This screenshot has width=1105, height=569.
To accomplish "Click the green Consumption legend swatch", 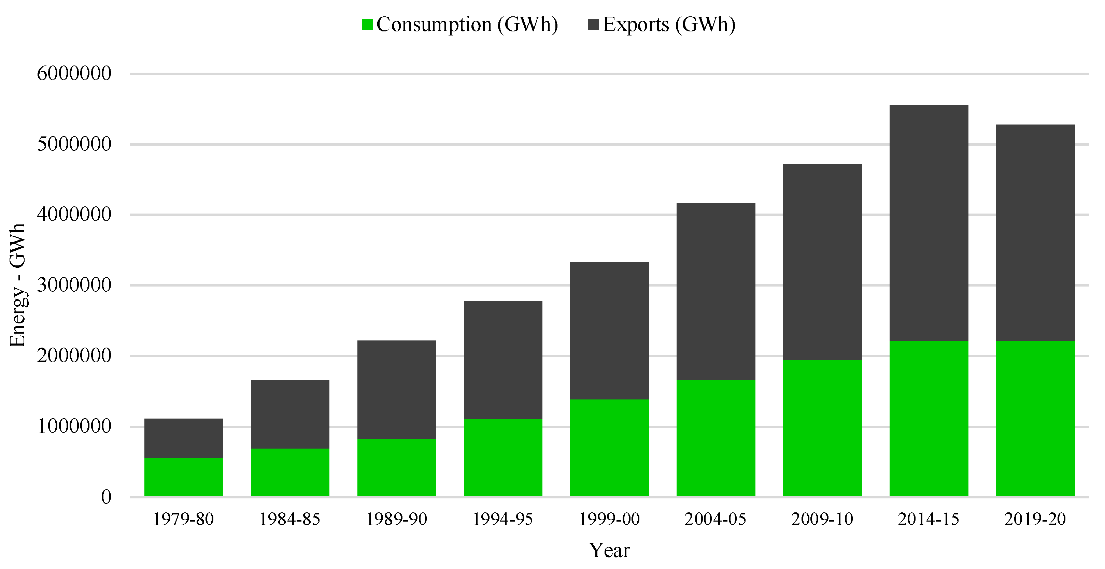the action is click(367, 25).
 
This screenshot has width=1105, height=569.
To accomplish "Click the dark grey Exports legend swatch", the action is click(594, 25).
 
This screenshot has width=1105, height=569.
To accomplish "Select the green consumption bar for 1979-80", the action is click(184, 477).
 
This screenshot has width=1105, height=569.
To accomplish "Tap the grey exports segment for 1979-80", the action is click(184, 438).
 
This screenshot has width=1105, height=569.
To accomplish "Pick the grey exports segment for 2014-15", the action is click(929, 223).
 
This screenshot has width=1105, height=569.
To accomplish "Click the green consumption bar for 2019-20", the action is click(1035, 419).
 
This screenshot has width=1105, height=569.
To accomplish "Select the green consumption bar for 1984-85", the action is click(290, 472).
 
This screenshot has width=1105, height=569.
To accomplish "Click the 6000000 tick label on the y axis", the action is click(74, 73).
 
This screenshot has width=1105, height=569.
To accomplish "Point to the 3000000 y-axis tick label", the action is click(74, 285).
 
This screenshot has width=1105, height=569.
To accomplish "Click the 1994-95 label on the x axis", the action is click(503, 519).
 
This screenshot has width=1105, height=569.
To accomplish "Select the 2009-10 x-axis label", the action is click(822, 519).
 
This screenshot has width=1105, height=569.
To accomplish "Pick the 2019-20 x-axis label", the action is click(1035, 519).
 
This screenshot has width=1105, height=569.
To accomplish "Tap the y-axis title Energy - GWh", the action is click(18, 285).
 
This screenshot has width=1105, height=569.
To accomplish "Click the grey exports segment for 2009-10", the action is click(822, 262).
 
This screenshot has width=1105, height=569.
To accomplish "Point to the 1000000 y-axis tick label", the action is click(74, 426).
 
